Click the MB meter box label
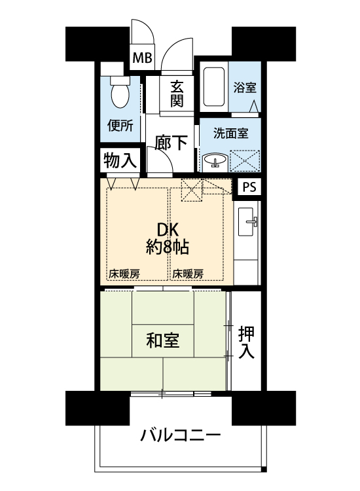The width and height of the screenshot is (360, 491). pyautogui.click(x=143, y=58)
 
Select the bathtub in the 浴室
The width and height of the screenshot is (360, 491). pyautogui.click(x=214, y=86)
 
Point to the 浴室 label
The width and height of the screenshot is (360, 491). pyautogui.click(x=245, y=87)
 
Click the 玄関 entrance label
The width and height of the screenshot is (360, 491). pyautogui.click(x=177, y=94)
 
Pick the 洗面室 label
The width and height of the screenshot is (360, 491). pyautogui.click(x=231, y=133)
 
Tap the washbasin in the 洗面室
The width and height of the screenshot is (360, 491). pyautogui.click(x=215, y=160)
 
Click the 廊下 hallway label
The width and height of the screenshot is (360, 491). pyautogui.click(x=171, y=143)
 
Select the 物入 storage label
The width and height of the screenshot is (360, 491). pyautogui.click(x=120, y=160)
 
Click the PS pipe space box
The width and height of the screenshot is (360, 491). pyautogui.click(x=249, y=187)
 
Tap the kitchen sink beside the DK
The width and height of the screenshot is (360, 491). pyautogui.click(x=247, y=222)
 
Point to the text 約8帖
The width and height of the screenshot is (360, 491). pyautogui.click(x=168, y=247)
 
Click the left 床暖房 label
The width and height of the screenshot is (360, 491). pyautogui.click(x=124, y=274)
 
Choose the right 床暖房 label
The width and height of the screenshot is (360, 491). pyautogui.click(x=188, y=274)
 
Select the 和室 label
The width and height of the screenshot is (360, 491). pyautogui.click(x=163, y=340)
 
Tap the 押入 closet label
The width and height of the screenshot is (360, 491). pyautogui.click(x=246, y=342)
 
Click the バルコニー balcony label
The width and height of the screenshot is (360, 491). pyautogui.click(x=180, y=435)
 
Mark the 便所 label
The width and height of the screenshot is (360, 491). pyautogui.click(x=120, y=126)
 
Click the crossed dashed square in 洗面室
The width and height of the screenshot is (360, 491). pyautogui.click(x=245, y=161)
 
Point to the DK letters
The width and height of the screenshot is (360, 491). pyautogui.click(x=168, y=230)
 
